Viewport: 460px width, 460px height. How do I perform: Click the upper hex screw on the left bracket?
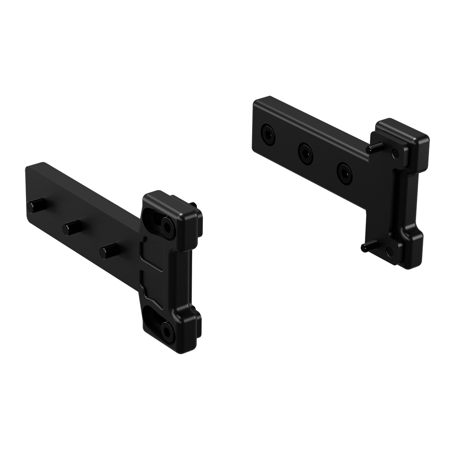(x=167, y=224)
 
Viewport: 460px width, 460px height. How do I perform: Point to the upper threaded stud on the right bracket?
(x=373, y=147)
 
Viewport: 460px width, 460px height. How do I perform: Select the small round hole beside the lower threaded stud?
(x=389, y=253)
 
